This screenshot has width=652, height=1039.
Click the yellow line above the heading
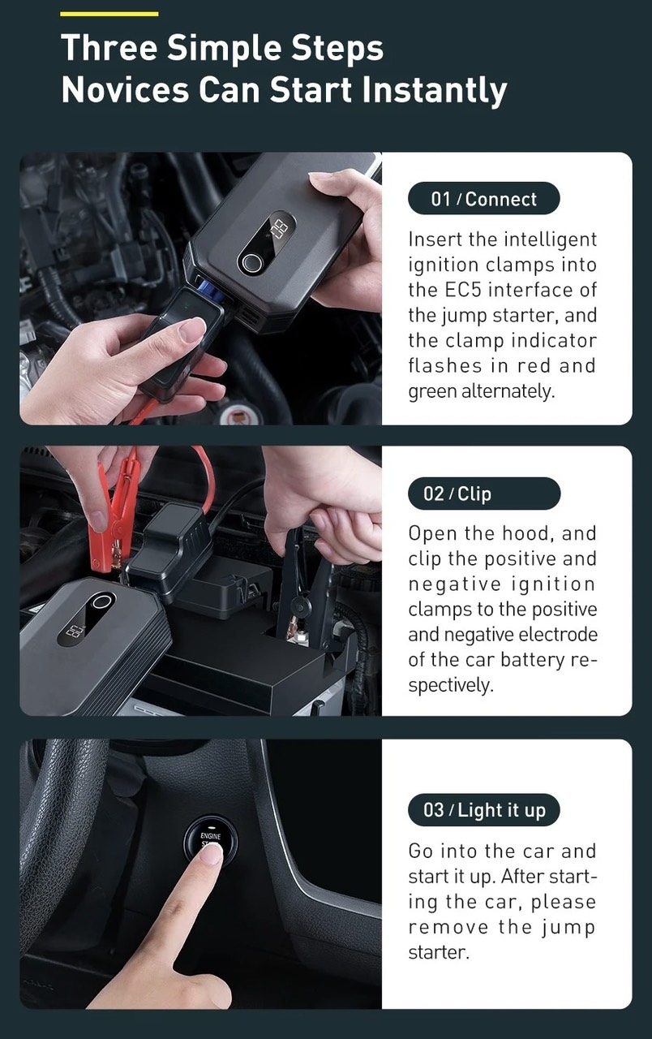pyautogui.click(x=109, y=14)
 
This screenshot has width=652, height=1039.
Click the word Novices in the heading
pyautogui.click(x=125, y=89)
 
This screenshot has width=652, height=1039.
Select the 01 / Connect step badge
pyautogui.click(x=484, y=199)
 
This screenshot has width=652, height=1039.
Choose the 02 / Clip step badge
pyautogui.click(x=484, y=493)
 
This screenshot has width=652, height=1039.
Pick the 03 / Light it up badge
pyautogui.click(x=484, y=810)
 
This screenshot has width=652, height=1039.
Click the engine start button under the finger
pyautogui.click(x=210, y=841)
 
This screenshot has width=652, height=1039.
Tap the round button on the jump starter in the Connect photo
pyautogui.click(x=251, y=263)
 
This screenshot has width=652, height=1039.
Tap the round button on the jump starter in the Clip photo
pyautogui.click(x=101, y=602)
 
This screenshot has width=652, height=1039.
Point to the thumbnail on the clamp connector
pyautogui.click(x=192, y=330)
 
